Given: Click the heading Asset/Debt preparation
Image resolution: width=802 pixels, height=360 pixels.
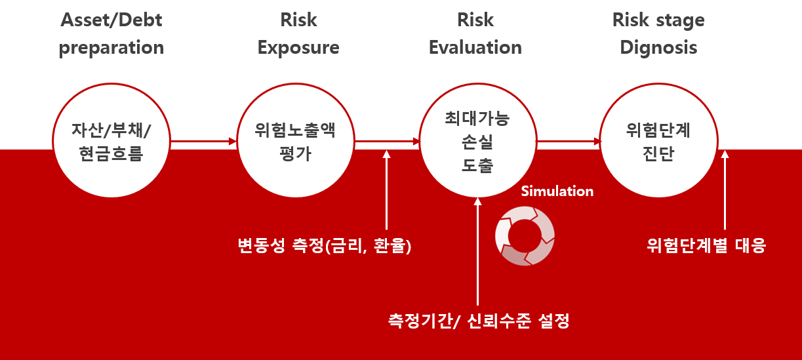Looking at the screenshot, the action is click(111, 33).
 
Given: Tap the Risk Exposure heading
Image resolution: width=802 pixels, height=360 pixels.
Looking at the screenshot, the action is click(298, 33).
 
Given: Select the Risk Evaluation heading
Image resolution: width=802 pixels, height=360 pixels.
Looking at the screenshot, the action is click(475, 33).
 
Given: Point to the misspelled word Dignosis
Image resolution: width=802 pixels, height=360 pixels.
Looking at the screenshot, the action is click(658, 48).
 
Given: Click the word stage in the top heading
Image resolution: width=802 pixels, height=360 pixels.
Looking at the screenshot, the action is click(680, 21).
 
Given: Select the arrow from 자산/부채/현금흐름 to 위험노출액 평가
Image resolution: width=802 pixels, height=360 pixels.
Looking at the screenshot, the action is click(203, 142).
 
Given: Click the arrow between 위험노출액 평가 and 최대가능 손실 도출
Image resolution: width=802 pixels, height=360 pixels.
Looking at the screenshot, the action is click(387, 142).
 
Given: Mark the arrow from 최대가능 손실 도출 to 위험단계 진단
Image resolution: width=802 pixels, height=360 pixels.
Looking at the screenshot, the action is click(569, 142).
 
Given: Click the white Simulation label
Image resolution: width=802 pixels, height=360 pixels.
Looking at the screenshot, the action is click(557, 191).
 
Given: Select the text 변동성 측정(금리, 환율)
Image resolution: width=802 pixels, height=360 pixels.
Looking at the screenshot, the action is click(325, 245).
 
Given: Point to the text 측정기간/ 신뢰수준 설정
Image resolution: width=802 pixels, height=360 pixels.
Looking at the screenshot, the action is click(479, 320).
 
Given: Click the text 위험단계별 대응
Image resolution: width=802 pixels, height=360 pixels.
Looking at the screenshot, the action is click(706, 245).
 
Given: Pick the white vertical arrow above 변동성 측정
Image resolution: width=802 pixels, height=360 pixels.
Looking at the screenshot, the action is click(386, 190).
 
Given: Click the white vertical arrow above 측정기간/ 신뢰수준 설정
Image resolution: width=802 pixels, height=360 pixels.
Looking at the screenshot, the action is click(477, 251).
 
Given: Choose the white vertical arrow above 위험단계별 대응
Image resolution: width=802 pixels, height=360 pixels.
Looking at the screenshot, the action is click(725, 190).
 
